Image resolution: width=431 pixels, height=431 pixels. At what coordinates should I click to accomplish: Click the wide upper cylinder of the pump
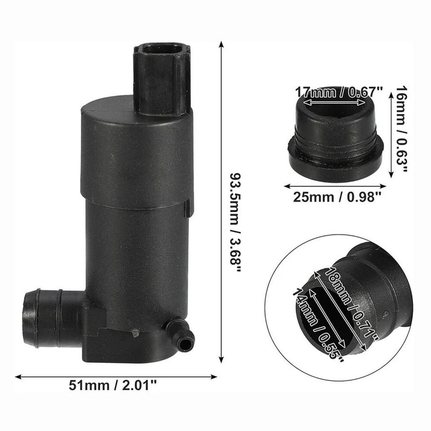pos(135,153)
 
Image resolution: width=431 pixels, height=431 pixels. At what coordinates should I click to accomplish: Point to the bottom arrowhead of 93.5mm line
pos(220,360)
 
